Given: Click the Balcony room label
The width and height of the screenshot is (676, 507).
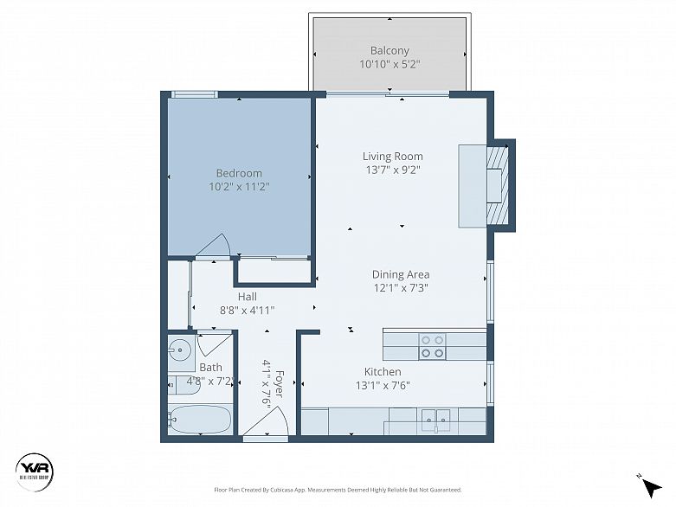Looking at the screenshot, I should [x=390, y=50].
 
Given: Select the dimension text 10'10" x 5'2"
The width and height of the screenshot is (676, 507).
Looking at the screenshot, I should [x=390, y=64].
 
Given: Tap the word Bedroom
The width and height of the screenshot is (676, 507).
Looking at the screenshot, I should [x=239, y=173].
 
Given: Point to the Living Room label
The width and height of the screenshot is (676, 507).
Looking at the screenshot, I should [x=392, y=157].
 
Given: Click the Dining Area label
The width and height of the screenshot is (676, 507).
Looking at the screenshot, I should [x=401, y=275].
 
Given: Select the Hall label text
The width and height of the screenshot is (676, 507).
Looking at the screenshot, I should [x=247, y=297].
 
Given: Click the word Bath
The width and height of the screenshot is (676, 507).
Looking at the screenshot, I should [x=210, y=368].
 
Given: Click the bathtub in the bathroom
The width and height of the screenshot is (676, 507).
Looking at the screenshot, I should [x=200, y=420].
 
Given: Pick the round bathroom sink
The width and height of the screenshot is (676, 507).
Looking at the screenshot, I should [x=180, y=350].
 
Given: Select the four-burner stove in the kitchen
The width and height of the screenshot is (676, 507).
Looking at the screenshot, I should [x=432, y=346].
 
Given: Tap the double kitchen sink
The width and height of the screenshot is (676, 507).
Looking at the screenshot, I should [x=435, y=420].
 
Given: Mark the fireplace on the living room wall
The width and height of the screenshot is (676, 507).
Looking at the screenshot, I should [x=497, y=185].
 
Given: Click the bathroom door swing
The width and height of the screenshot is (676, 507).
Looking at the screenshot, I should [x=213, y=343].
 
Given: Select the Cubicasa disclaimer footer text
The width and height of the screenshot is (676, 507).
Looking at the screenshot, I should [x=337, y=490].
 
